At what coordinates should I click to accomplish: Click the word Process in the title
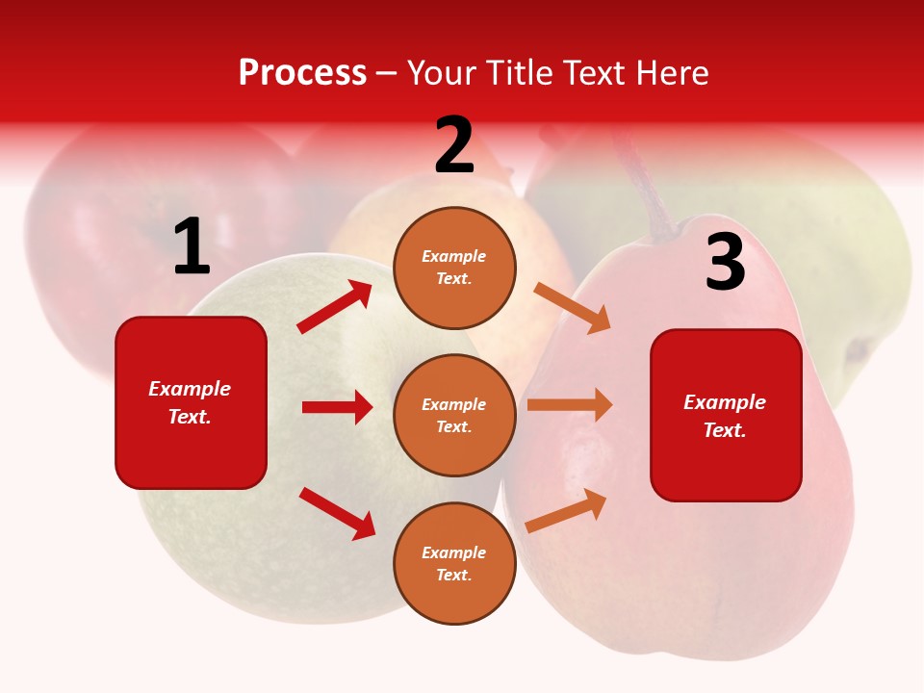[302, 72]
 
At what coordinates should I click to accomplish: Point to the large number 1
[192, 247]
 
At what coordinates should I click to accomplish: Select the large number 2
[454, 146]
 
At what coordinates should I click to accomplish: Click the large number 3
[725, 264]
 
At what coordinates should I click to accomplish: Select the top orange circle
[454, 268]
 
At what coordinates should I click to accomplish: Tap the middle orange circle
[454, 415]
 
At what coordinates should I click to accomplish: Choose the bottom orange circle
[454, 563]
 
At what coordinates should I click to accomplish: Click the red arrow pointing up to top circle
[335, 307]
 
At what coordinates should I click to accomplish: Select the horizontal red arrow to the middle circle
[338, 407]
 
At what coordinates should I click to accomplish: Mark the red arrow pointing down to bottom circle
[338, 513]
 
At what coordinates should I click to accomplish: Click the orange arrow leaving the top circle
[572, 307]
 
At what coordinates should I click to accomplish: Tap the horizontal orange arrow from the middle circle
[570, 404]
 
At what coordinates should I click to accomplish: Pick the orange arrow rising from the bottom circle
[567, 510]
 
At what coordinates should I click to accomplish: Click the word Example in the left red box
[190, 389]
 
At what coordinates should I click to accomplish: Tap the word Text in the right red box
[723, 430]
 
